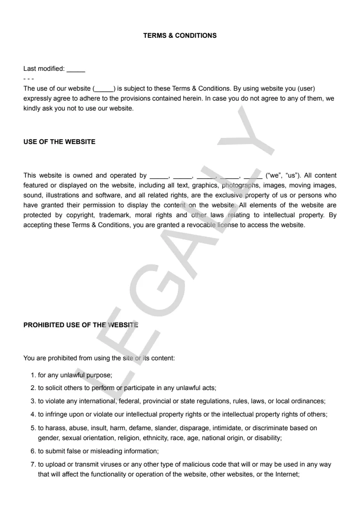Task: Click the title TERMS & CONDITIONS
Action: (x=180, y=35)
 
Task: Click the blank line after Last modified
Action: (x=76, y=69)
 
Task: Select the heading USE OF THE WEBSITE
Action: (x=59, y=142)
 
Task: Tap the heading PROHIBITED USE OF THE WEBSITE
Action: (x=81, y=325)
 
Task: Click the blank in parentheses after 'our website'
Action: (x=104, y=89)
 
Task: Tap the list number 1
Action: (x=33, y=375)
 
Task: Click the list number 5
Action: (x=33, y=428)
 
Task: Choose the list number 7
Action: (x=33, y=464)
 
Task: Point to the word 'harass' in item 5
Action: (x=55, y=428)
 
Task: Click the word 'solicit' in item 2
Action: (x=55, y=388)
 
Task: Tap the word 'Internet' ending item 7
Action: (x=287, y=474)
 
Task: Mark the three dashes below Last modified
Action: (x=28, y=78)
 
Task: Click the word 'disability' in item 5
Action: (x=268, y=438)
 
